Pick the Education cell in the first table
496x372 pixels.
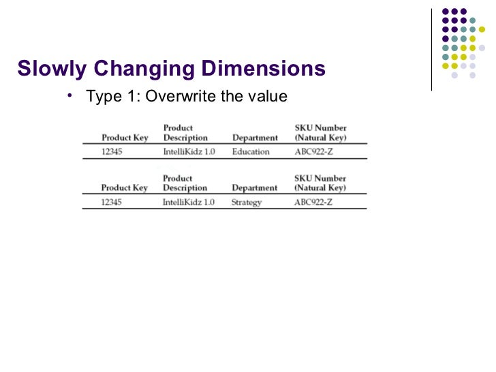pos(251,151)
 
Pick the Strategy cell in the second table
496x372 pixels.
pos(247,202)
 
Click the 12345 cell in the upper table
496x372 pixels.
pos(112,151)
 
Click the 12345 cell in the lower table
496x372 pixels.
pos(112,202)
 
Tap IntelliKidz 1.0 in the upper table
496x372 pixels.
pos(189,151)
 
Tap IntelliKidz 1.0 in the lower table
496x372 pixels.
pos(189,202)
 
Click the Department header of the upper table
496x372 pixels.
pos(255,138)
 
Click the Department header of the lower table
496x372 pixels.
pos(255,188)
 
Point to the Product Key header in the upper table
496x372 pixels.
pos(125,138)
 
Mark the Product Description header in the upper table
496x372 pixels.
pos(185,132)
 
